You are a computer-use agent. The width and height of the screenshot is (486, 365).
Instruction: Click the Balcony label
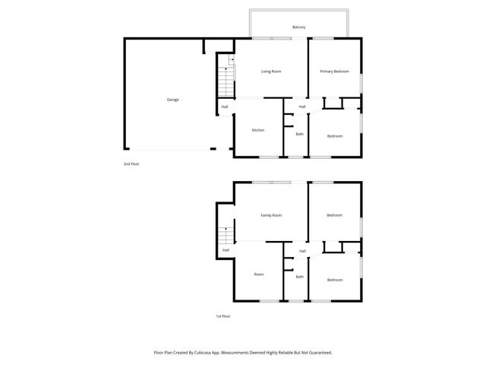[x=299, y=27]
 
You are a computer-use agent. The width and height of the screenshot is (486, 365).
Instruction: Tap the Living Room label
[x=271, y=71]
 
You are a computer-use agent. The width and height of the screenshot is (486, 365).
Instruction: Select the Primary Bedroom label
[x=334, y=71]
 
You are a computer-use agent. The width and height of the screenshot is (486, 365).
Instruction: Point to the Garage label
[x=173, y=100]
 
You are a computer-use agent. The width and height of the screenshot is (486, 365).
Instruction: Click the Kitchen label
[x=258, y=130]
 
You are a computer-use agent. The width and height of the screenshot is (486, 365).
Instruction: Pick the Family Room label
[x=271, y=215]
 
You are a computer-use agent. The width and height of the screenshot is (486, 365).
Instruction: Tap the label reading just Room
[x=259, y=274]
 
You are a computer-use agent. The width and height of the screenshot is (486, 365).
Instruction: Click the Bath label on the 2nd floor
[x=299, y=135]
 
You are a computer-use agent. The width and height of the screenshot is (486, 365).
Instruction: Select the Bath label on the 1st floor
[x=299, y=277]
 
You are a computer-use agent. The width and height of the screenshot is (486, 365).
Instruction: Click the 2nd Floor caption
[x=131, y=163]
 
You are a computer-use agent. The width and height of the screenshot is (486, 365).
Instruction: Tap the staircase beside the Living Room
[x=226, y=79]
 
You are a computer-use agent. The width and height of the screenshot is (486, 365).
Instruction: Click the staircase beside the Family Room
[x=226, y=236]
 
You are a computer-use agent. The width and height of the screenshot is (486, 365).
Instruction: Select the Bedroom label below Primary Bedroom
[x=335, y=136]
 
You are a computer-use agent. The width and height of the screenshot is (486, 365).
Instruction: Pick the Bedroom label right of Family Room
[x=335, y=215]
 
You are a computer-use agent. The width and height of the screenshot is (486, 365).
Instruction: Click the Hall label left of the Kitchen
[x=225, y=106]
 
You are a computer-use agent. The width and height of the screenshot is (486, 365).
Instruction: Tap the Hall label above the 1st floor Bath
[x=302, y=250]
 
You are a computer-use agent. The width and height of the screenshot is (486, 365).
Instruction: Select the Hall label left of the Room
[x=226, y=250]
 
